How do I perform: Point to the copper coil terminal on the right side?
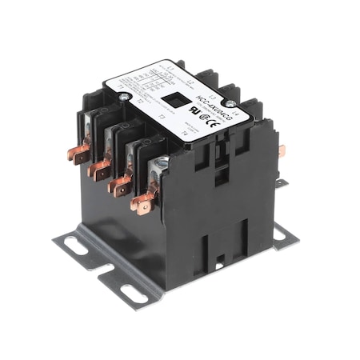coord(281,150)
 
